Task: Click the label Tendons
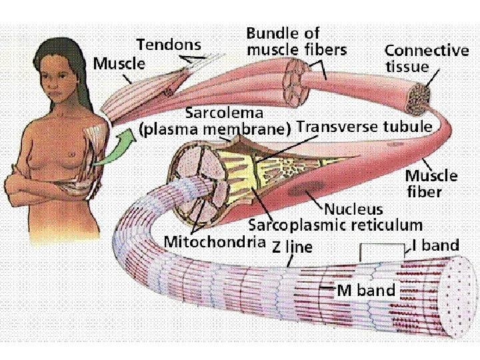(x=168, y=45)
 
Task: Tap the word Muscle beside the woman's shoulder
(x=119, y=63)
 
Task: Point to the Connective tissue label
(x=427, y=58)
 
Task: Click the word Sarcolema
(x=224, y=112)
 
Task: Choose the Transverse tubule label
(x=363, y=126)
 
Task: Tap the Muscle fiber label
(x=431, y=183)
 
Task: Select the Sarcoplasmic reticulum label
(x=335, y=225)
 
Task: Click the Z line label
(x=292, y=247)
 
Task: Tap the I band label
(x=435, y=245)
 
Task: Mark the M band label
(x=366, y=290)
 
